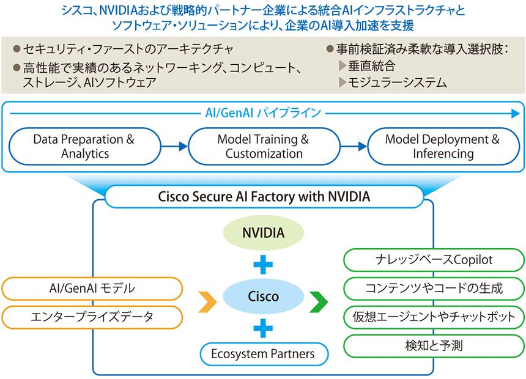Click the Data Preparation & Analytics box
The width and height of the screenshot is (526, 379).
85,146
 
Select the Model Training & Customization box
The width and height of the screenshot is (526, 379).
264,146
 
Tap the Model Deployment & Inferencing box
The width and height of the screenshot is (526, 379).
443,146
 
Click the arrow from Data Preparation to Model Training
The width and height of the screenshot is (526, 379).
174,146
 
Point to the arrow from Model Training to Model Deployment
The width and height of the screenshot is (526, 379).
354,146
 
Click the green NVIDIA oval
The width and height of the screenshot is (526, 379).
264,232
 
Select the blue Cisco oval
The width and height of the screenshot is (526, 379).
264,296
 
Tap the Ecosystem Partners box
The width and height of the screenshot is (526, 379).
264,354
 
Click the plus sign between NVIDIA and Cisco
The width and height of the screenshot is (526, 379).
263,265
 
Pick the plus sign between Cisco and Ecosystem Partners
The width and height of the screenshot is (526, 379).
263,328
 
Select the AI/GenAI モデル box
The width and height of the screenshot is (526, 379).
92,289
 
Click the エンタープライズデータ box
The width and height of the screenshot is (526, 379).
92,317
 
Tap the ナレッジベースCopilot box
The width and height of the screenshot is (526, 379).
434,260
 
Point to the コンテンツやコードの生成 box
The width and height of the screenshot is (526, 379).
434,289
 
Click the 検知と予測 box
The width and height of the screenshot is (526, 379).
434,346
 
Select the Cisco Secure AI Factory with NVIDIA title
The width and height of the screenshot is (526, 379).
264,197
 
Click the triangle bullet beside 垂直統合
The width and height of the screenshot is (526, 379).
342,65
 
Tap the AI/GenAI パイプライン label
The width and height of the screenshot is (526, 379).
264,113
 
